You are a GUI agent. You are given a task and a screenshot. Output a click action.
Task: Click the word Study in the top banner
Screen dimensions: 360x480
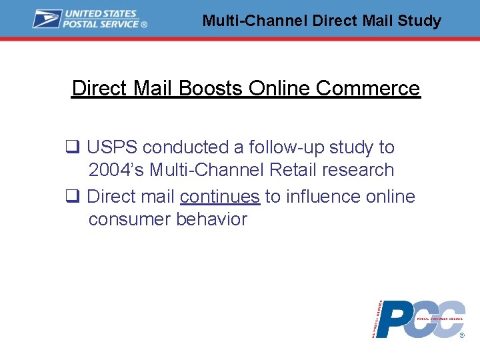419,21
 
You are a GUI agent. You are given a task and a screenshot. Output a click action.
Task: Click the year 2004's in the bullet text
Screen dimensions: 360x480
116,170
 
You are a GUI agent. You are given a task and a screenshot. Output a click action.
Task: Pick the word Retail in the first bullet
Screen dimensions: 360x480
293,170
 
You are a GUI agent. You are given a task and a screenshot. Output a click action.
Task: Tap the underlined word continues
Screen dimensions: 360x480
219,197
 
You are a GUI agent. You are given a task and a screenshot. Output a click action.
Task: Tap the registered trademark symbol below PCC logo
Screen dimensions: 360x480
462,337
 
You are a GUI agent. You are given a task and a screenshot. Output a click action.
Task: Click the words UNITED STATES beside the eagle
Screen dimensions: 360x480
100,14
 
